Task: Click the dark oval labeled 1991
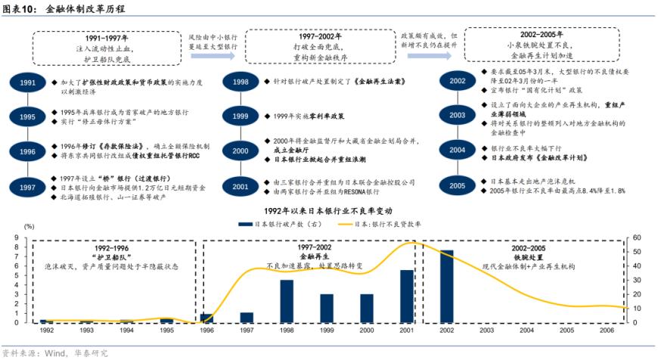point(27,82)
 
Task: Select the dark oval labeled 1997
point(27,187)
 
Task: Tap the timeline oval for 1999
point(241,116)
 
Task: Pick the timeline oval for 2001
point(241,186)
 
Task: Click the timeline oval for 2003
point(457,115)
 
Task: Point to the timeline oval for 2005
point(457,186)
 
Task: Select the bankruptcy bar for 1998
point(287,301)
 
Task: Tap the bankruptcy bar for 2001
point(407,296)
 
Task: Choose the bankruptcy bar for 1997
point(247,318)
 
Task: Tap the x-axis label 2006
point(607,331)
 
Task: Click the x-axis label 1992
point(47,331)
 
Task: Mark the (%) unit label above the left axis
point(29,226)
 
